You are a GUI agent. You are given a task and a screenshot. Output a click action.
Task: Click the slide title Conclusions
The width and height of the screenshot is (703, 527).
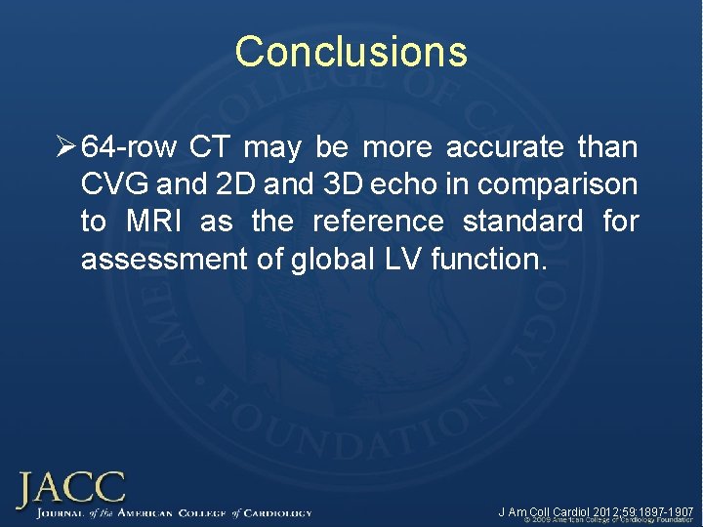[x=351, y=52]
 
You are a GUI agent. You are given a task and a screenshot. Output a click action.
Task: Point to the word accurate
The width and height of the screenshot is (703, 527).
[x=504, y=148]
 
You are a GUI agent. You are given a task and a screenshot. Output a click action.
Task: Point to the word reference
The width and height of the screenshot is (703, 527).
[x=377, y=223]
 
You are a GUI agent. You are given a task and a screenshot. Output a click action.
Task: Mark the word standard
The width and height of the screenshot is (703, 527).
[x=522, y=223]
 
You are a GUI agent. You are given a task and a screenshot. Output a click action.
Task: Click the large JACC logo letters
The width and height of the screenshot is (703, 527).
[x=71, y=488]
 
